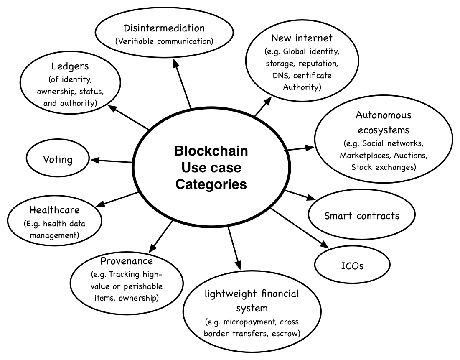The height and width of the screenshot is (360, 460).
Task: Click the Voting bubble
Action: coord(58,159)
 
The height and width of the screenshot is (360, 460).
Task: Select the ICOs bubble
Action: coord(352,265)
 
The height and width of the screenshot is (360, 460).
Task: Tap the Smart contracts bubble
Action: coord(361,216)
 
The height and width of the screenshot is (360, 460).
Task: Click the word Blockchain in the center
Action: coord(211,151)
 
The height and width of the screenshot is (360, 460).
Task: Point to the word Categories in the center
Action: coord(211,184)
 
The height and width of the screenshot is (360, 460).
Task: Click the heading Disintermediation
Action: coord(164,28)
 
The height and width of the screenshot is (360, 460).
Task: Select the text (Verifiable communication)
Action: coord(164,41)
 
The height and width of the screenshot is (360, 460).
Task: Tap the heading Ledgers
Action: coord(70,66)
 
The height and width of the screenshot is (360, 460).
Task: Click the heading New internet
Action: coord(302,38)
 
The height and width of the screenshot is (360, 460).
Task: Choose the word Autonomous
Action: coord(383,115)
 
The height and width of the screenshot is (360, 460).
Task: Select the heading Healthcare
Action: coord(54,210)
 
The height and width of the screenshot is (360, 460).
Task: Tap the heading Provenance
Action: coord(126,261)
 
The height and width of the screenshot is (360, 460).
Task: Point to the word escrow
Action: coord(285,334)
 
